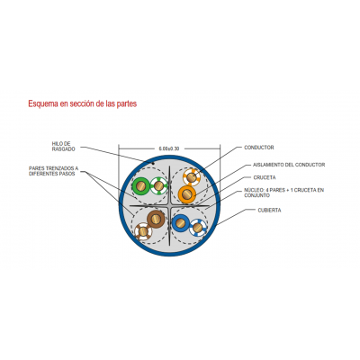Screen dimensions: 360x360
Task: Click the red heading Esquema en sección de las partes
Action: click(x=83, y=103)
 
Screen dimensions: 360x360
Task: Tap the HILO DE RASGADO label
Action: click(x=63, y=147)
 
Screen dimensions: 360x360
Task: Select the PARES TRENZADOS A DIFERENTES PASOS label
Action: click(x=53, y=171)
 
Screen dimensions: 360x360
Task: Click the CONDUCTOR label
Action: click(x=259, y=148)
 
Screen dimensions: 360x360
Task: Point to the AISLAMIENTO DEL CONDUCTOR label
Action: click(x=289, y=165)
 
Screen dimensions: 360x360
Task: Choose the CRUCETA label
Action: click(x=265, y=177)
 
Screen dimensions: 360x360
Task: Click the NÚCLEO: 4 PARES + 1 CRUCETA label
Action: click(x=283, y=193)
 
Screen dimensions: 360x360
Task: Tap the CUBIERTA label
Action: click(x=269, y=211)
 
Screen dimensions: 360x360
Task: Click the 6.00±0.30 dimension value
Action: click(x=169, y=148)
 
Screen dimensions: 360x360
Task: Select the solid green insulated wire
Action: click(x=141, y=186)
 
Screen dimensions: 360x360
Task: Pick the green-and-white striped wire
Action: click(x=158, y=186)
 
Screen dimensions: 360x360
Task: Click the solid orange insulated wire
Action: click(x=186, y=194)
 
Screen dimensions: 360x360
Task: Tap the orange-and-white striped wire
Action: click(x=192, y=177)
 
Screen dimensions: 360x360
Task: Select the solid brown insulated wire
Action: click(x=156, y=220)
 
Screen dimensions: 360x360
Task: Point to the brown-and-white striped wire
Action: click(x=143, y=231)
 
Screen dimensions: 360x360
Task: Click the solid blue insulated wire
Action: click(x=181, y=223)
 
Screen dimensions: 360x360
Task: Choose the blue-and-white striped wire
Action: click(x=198, y=228)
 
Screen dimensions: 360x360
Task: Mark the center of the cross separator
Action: click(x=169, y=206)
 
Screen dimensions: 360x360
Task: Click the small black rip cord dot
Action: click(x=153, y=164)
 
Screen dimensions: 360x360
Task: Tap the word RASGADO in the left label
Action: click(x=63, y=149)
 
